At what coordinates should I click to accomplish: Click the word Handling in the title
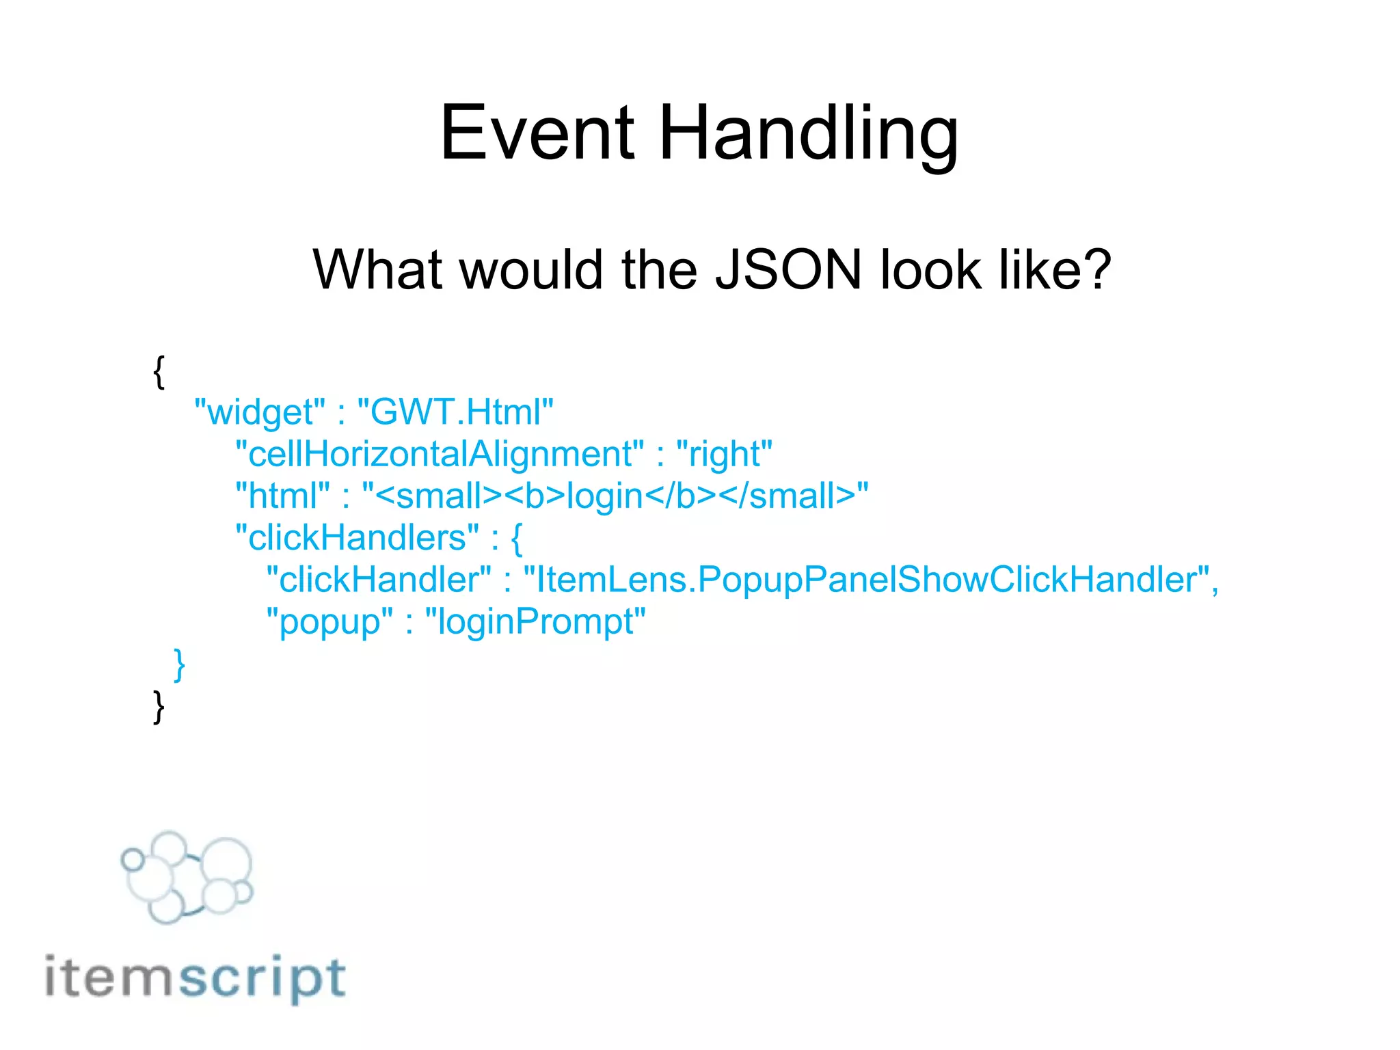[x=809, y=134]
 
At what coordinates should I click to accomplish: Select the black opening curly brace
[x=159, y=372]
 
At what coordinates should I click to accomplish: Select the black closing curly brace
[x=159, y=707]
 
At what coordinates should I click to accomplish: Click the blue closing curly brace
[x=179, y=664]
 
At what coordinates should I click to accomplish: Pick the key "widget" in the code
[x=260, y=412]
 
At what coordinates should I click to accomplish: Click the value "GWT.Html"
[x=455, y=412]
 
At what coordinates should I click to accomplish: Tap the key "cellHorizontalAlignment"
[x=439, y=454]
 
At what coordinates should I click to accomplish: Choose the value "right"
[x=724, y=455]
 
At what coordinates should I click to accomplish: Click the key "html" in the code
[x=282, y=496]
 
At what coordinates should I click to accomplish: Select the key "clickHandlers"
[x=357, y=538]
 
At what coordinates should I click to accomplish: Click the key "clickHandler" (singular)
[x=379, y=580]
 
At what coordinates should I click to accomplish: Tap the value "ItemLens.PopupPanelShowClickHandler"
[x=866, y=580]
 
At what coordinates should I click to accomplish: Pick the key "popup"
[x=329, y=622]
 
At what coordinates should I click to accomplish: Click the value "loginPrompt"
[x=535, y=622]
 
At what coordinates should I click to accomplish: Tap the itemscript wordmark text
[x=196, y=978]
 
